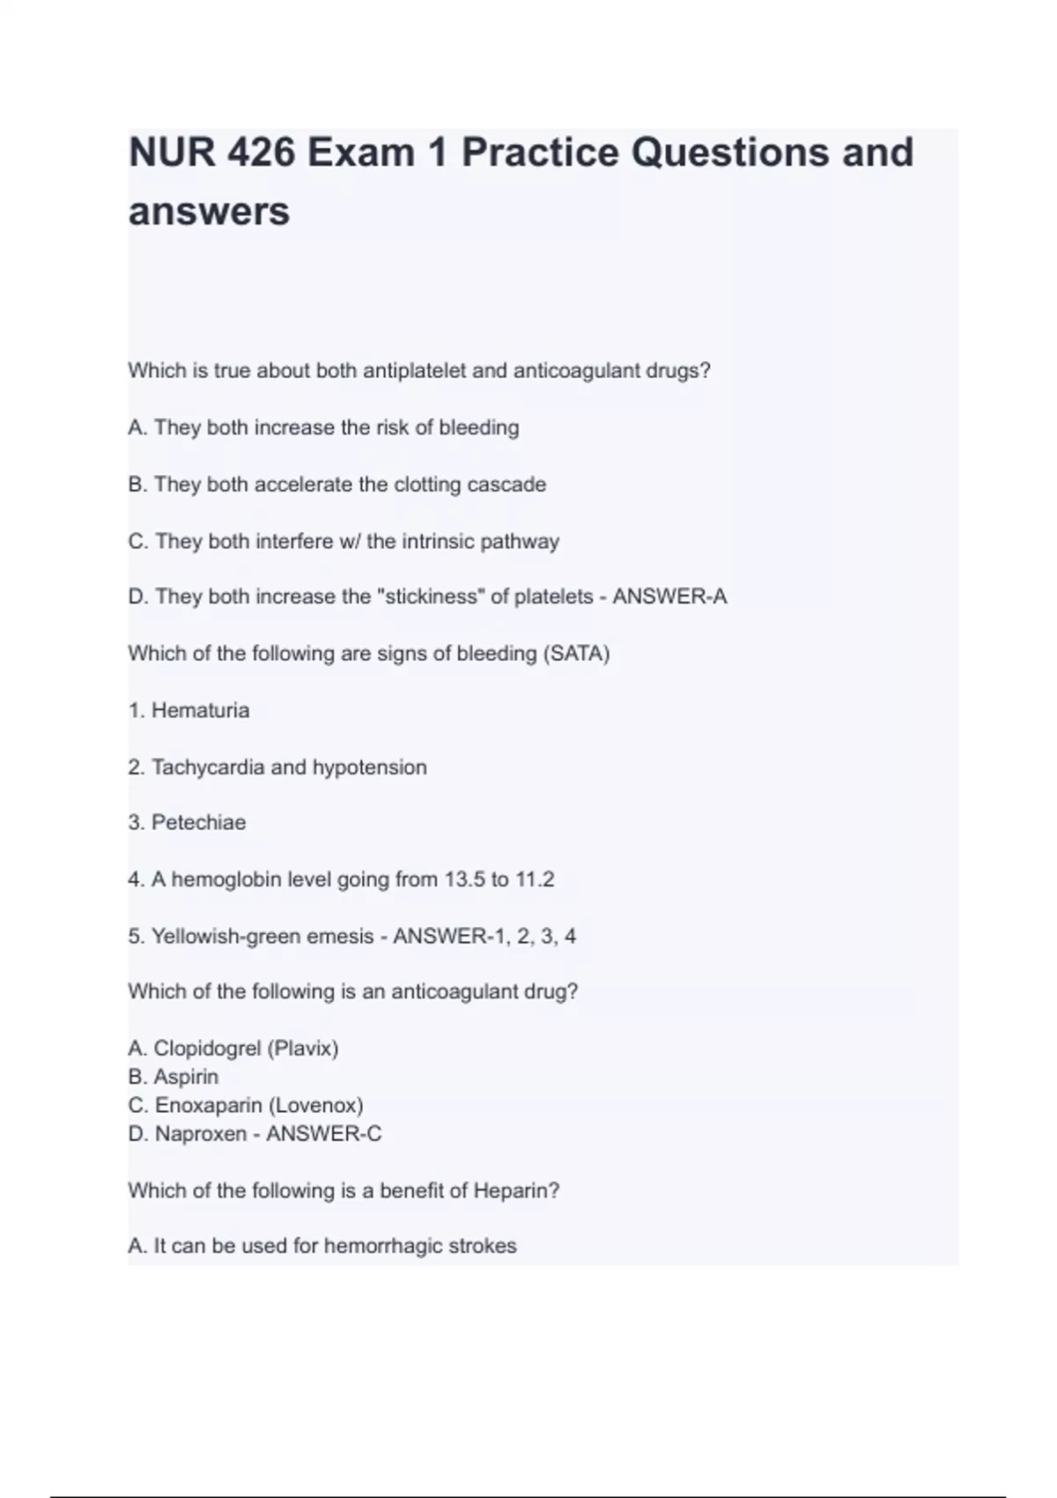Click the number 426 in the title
point(261,152)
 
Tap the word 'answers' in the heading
point(209,211)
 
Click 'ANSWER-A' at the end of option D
point(669,597)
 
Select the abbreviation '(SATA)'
point(577,654)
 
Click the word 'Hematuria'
point(200,710)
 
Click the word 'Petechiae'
point(198,823)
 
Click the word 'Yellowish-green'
point(225,937)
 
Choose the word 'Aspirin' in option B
point(186,1077)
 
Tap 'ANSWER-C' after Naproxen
point(324,1134)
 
